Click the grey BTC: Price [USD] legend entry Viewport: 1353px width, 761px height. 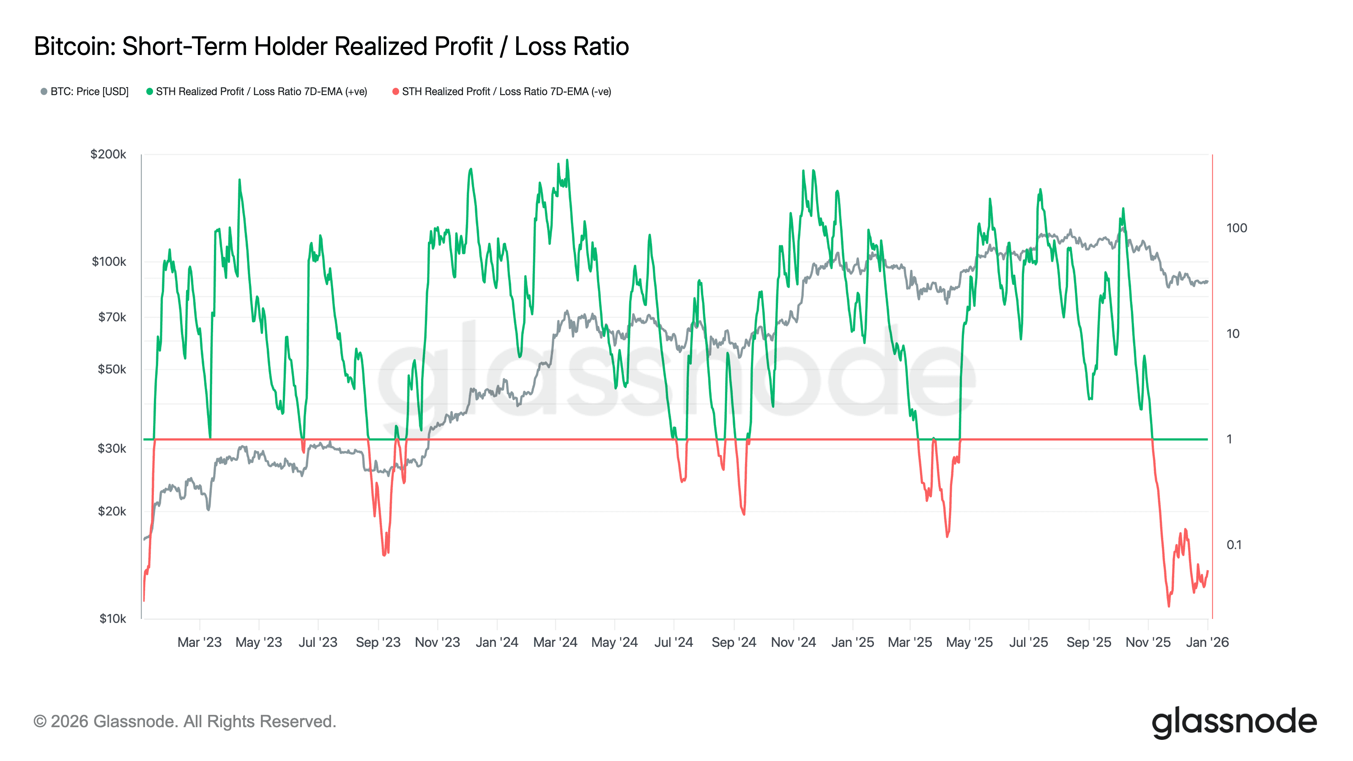click(x=85, y=91)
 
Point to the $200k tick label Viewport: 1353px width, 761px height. click(x=108, y=154)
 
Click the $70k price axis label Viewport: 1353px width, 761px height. click(x=112, y=317)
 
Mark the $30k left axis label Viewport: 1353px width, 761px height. click(x=112, y=448)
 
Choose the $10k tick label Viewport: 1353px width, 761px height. click(x=112, y=618)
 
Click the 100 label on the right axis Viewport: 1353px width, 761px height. click(x=1236, y=228)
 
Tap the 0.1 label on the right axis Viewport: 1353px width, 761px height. click(x=1234, y=545)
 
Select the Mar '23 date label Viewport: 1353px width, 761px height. click(x=199, y=642)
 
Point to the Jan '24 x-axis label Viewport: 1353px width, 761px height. click(x=496, y=642)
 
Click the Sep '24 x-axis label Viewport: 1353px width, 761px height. click(x=733, y=642)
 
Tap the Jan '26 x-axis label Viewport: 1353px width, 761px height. click(x=1207, y=642)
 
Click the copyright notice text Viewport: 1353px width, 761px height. click(x=184, y=721)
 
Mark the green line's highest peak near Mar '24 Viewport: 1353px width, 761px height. click(x=567, y=160)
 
